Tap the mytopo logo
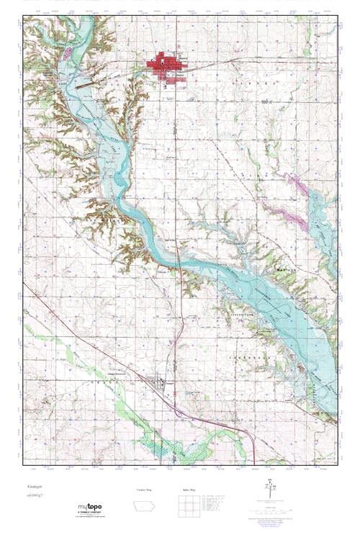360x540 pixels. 91,506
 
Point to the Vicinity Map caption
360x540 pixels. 144,490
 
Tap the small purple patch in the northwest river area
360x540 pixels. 68,53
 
